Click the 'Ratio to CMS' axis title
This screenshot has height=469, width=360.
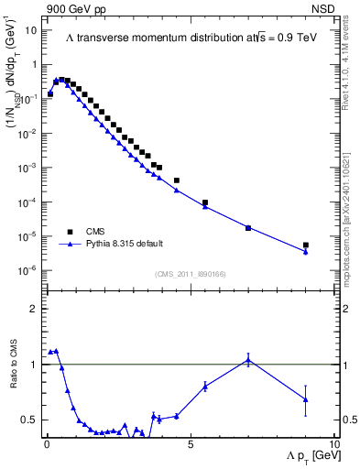(x=13, y=365)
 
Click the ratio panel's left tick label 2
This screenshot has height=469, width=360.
(x=34, y=310)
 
